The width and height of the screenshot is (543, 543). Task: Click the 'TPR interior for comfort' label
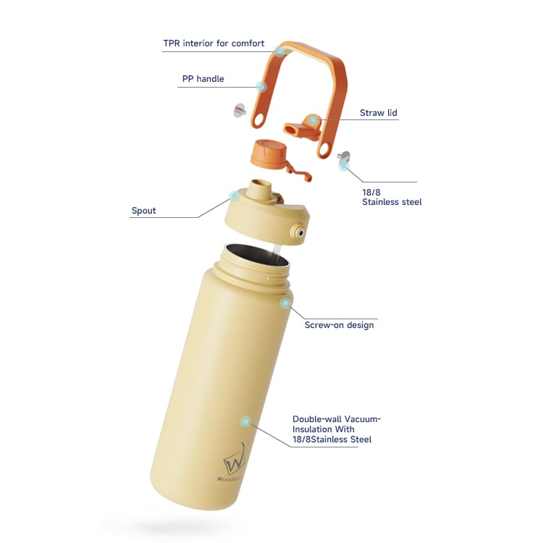click(x=214, y=43)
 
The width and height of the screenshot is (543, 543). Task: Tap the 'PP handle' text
click(x=203, y=79)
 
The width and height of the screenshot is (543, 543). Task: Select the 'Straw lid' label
click(x=378, y=113)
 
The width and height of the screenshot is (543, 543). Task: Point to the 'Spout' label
click(x=144, y=211)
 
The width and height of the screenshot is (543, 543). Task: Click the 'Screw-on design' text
click(x=339, y=325)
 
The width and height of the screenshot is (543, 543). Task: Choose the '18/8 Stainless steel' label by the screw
click(x=392, y=197)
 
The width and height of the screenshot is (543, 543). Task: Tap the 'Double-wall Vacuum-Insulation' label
click(x=336, y=429)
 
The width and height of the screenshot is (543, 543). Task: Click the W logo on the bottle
click(x=235, y=460)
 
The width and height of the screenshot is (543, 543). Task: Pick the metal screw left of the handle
click(x=240, y=110)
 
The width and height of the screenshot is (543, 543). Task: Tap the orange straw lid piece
click(x=302, y=127)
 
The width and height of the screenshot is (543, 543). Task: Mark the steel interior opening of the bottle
click(x=256, y=256)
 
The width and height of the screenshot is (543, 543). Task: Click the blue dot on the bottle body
click(x=245, y=421)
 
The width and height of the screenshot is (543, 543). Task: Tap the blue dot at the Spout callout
click(x=235, y=196)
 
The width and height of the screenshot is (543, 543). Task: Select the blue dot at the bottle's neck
click(x=285, y=303)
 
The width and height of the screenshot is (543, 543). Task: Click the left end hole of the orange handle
click(x=258, y=119)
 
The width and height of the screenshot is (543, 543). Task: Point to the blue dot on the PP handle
click(x=261, y=86)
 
